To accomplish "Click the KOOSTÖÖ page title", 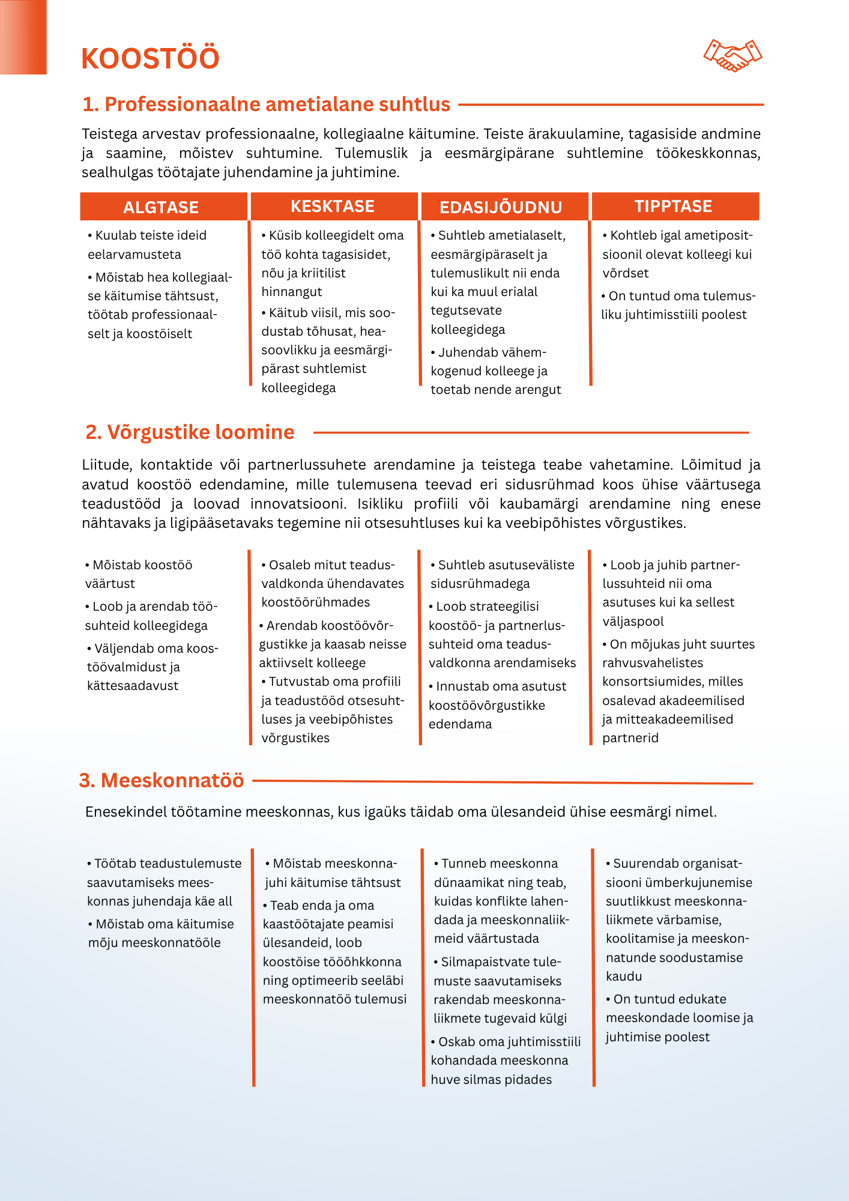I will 150,59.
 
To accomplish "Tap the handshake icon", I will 733,55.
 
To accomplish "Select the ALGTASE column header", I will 161,207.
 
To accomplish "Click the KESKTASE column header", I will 333,207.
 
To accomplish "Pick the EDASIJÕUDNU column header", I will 501,207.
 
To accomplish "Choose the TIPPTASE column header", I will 673,207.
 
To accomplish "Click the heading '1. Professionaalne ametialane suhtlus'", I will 266,104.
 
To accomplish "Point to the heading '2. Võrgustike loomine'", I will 190,432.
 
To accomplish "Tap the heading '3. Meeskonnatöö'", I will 162,781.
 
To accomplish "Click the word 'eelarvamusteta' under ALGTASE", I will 134,255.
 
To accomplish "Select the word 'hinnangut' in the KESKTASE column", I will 292,292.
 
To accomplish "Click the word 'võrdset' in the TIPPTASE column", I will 626,273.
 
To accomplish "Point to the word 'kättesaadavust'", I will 133,686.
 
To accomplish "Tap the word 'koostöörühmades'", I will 316,602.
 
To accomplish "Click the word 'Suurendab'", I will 644,864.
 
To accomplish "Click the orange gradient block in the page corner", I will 23,37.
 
